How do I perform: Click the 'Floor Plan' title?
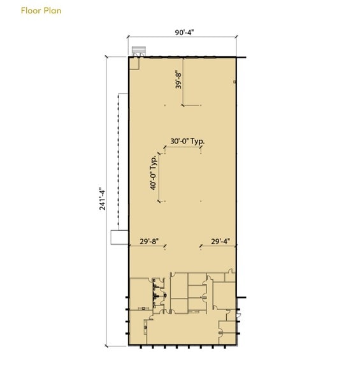(41, 10)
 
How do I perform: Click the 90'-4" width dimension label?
(184, 33)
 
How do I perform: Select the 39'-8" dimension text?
(178, 79)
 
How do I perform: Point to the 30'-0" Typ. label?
(187, 142)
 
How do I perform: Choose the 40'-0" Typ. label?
(154, 173)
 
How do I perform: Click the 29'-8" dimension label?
(149, 241)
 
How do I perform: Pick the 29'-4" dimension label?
(220, 241)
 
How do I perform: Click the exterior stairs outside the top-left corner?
(139, 51)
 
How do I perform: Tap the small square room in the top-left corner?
(134, 64)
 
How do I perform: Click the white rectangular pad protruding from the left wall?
(119, 237)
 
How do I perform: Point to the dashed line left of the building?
(118, 159)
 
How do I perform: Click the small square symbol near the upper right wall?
(234, 82)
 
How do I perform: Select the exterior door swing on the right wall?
(238, 315)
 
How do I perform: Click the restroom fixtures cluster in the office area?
(157, 295)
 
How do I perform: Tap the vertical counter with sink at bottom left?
(145, 327)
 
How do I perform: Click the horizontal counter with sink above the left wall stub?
(143, 309)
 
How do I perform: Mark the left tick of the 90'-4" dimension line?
(128, 36)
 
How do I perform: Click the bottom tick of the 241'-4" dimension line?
(106, 346)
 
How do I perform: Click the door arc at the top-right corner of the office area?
(231, 270)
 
